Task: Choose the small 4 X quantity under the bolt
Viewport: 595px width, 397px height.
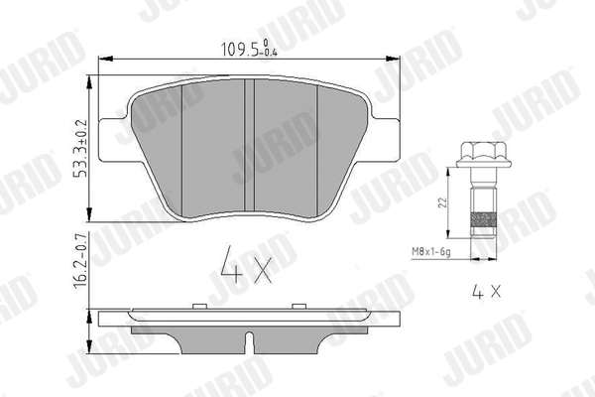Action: tap(484, 293)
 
